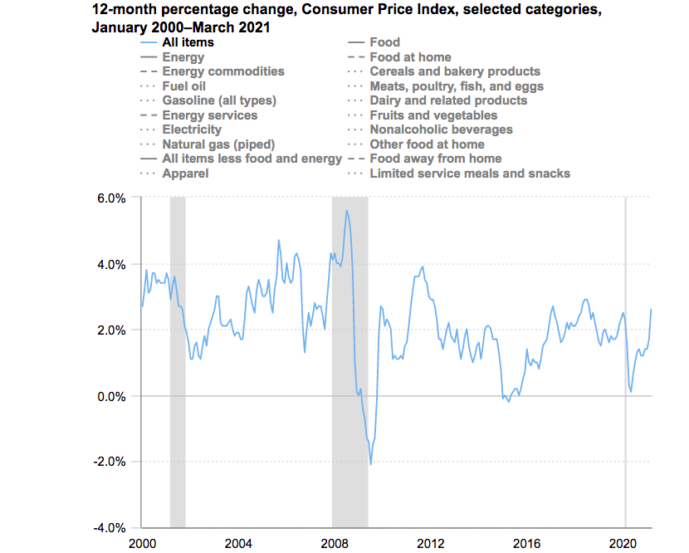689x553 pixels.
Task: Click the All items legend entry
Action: [x=188, y=42]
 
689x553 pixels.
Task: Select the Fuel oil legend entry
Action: [x=184, y=86]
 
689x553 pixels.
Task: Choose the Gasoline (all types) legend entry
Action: [x=219, y=100]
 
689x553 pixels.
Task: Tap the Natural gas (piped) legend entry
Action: [x=218, y=144]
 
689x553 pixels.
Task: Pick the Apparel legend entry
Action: [x=185, y=174]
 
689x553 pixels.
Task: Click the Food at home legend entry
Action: [x=410, y=57]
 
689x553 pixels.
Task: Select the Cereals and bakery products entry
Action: [x=455, y=71]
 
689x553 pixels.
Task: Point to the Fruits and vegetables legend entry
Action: [x=433, y=115]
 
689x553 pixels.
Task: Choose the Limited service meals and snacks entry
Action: [x=470, y=174]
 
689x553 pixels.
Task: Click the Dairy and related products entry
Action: [x=448, y=100]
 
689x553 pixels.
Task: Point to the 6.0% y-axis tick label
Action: [x=110, y=198]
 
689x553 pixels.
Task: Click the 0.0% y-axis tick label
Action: [x=110, y=396]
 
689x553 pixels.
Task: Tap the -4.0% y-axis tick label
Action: [x=108, y=528]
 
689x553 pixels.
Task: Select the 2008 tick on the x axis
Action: [x=335, y=543]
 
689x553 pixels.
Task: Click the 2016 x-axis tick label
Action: [x=528, y=543]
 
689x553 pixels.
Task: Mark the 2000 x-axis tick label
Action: [x=142, y=543]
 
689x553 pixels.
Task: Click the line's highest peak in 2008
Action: [x=346, y=211]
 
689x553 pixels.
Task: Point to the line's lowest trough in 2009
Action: [x=370, y=464]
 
